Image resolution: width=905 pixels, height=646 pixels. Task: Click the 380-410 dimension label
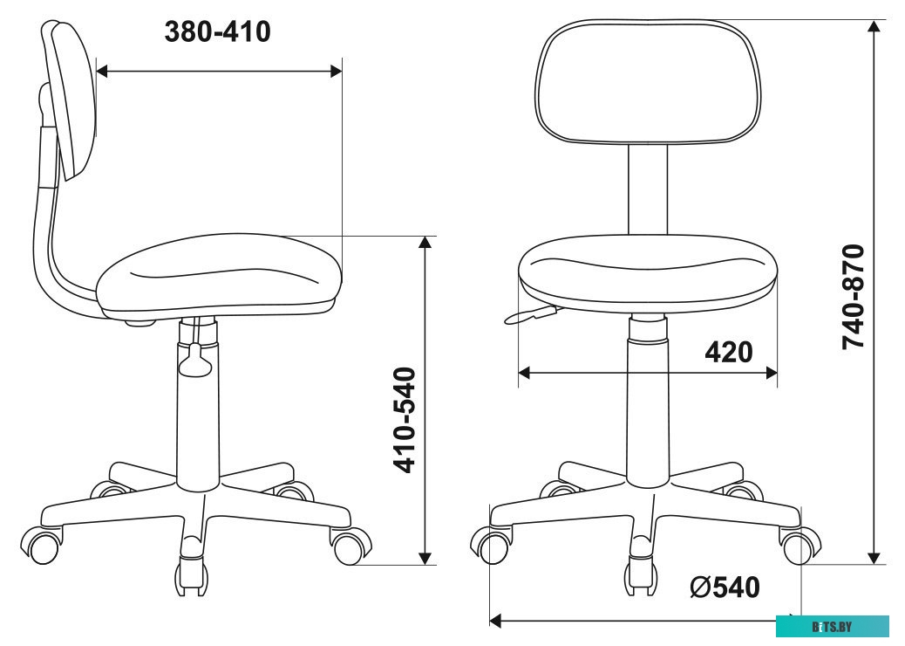217,32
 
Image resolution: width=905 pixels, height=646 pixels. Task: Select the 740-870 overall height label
854,297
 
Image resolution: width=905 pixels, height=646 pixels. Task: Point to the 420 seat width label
728,353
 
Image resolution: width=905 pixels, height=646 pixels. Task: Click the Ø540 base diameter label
724,588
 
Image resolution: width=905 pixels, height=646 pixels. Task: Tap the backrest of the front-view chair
648,83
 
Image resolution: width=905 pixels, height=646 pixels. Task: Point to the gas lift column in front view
647,402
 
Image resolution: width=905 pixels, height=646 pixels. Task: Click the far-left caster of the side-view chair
44,545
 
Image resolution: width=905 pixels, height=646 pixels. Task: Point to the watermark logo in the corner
832,626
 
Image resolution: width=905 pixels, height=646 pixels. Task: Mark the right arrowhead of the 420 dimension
772,373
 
